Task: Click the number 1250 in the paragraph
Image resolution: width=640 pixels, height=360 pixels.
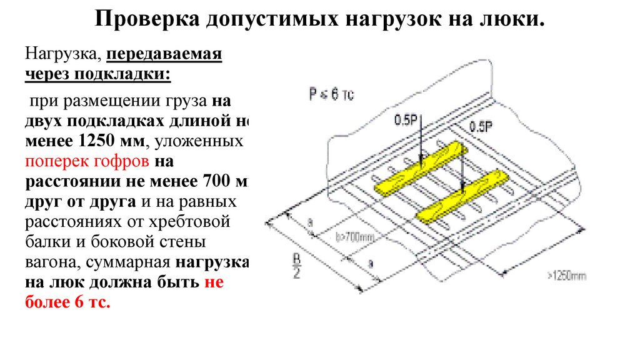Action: [96, 142]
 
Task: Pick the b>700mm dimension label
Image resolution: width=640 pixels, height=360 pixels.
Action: [354, 237]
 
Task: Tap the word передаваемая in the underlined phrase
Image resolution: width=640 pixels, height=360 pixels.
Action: [164, 54]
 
